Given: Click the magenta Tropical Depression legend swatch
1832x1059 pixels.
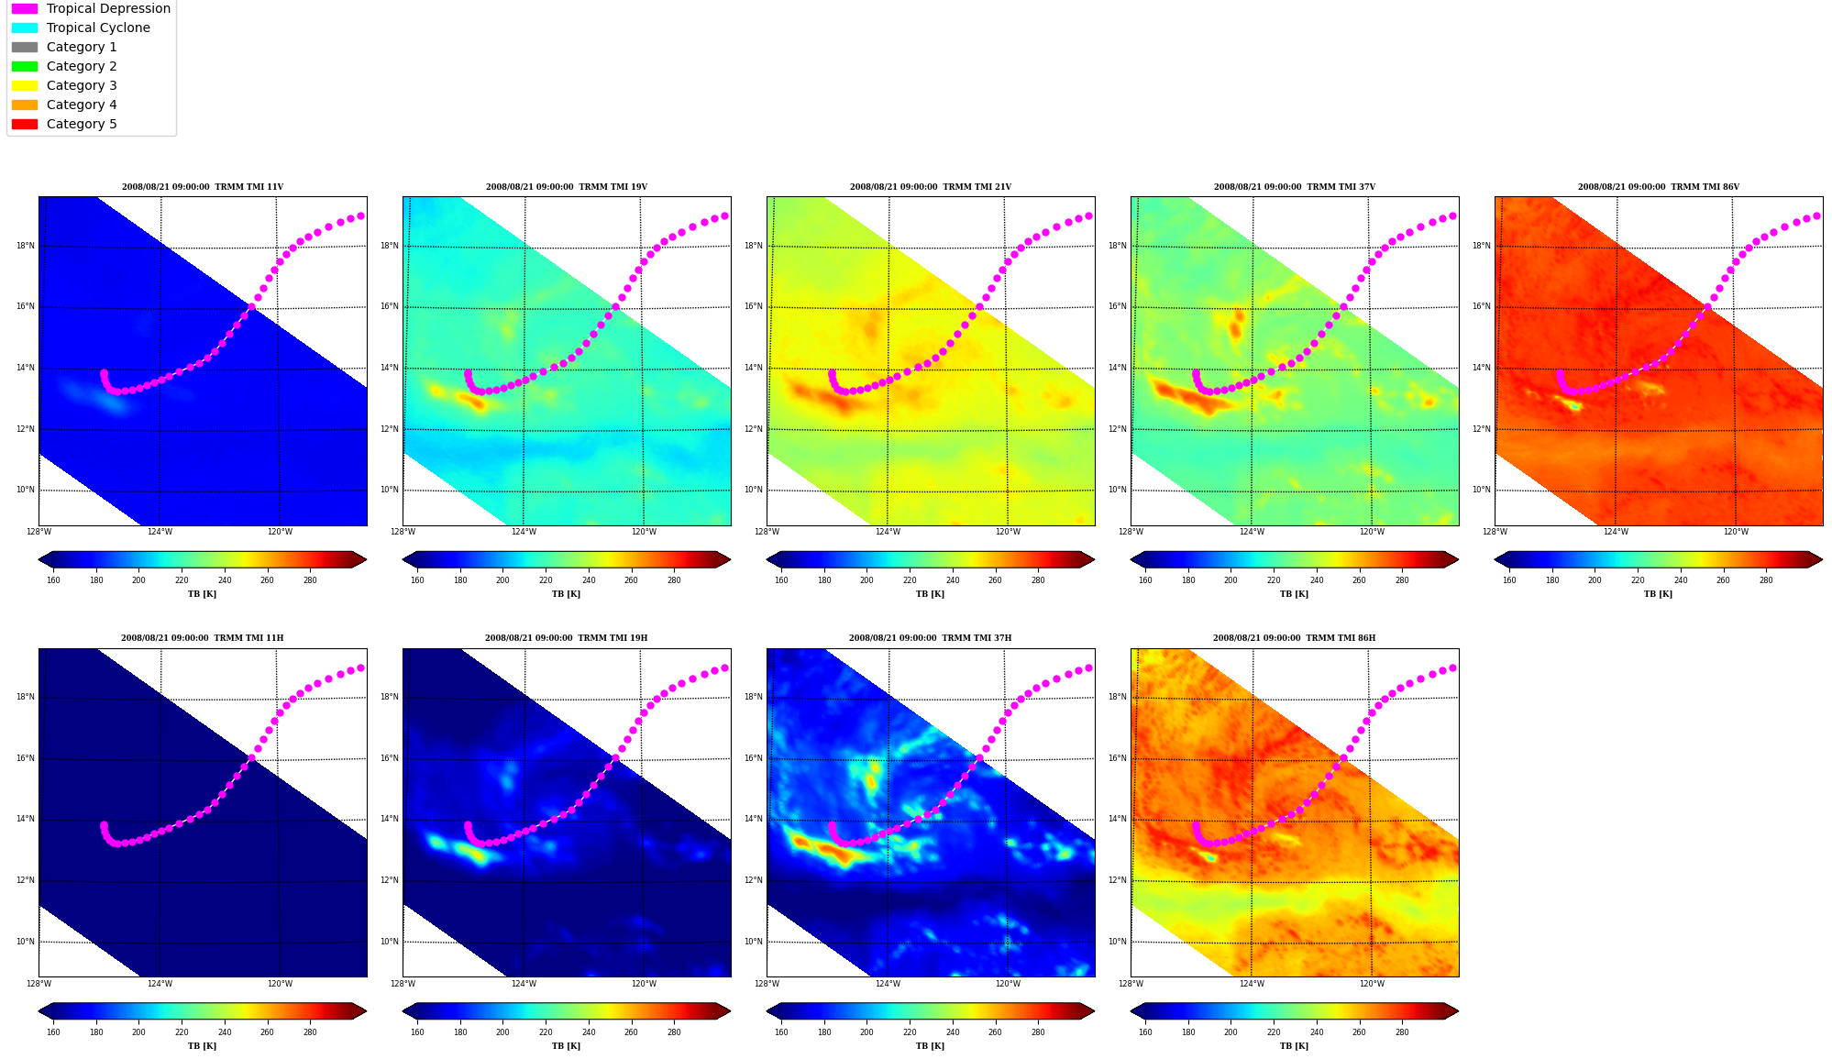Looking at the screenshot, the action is pos(25,8).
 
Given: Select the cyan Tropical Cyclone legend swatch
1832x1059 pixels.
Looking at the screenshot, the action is pos(25,28).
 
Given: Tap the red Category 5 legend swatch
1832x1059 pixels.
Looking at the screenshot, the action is pos(25,124).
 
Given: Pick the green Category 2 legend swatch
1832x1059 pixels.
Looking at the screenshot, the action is pos(25,66).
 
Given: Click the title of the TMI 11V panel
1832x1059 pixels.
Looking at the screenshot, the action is pos(203,187).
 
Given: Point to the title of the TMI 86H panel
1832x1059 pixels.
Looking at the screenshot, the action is pos(1294,638).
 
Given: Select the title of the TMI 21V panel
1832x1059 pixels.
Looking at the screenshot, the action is pos(930,187).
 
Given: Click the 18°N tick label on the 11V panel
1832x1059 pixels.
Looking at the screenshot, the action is pos(26,246).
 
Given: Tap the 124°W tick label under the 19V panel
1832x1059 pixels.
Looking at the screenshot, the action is pos(524,532).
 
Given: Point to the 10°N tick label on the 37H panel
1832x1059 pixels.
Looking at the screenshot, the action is pos(754,942).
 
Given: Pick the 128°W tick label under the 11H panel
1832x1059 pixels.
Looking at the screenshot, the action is pos(39,984).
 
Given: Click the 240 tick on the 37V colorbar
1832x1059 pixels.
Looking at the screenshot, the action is pos(1317,579).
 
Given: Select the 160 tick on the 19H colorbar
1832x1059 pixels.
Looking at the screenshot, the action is pos(417,1031).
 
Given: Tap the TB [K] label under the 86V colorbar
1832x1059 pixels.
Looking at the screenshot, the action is pos(1658,594).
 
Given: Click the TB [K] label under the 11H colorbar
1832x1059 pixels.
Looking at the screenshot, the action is pos(202,1046).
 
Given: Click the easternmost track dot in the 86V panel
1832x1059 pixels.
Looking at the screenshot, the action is pos(1817,216).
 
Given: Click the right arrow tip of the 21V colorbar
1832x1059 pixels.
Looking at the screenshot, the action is pos(1094,559).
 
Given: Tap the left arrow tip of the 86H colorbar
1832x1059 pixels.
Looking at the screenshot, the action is pos(1131,1011).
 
